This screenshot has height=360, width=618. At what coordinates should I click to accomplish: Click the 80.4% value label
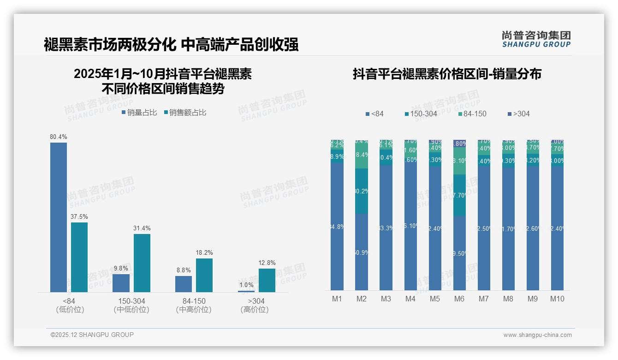tap(59, 137)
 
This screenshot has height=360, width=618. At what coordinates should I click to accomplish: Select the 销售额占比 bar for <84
tap(79, 257)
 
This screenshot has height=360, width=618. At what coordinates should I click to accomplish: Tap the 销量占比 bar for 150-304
tap(121, 283)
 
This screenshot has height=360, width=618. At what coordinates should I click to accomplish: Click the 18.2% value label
tap(204, 252)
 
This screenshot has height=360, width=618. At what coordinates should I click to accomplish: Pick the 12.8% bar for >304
tap(267, 280)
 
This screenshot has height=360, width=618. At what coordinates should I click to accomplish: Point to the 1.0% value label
tap(246, 285)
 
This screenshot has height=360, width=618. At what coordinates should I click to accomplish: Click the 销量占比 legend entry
tap(139, 112)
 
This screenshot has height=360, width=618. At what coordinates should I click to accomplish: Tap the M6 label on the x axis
tap(459, 299)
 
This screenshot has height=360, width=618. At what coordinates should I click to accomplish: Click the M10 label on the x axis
tap(557, 299)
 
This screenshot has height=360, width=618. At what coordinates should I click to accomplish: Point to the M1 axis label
tap(337, 299)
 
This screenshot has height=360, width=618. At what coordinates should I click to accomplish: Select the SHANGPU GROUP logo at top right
tap(536, 39)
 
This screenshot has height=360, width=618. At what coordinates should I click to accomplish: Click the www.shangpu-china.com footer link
tap(537, 335)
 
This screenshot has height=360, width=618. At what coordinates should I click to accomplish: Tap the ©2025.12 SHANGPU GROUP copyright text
tap(92, 335)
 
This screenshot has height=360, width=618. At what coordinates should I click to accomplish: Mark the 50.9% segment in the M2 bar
tap(362, 252)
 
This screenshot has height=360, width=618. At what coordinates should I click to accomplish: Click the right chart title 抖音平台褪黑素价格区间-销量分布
tap(447, 74)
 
